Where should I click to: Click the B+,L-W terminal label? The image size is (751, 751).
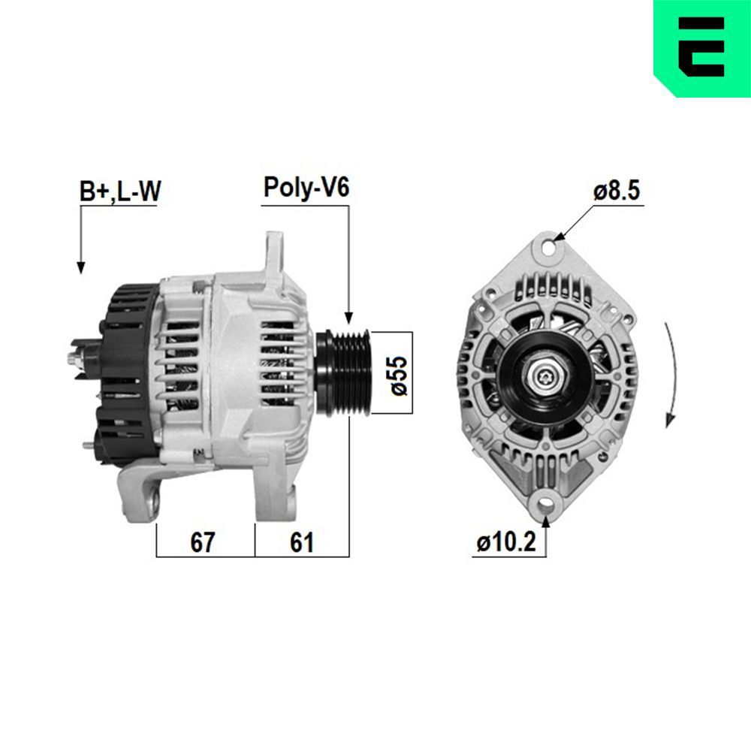tap(120, 192)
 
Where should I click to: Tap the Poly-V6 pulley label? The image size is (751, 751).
tap(306, 188)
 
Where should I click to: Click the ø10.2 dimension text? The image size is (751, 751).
tap(506, 542)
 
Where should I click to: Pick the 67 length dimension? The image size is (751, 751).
tap(202, 542)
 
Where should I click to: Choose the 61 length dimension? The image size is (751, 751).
tap(302, 542)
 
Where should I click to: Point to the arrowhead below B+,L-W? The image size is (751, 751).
tap(80, 266)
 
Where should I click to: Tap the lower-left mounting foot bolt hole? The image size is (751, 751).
tap(152, 501)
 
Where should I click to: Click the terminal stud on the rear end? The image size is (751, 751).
tap(76, 360)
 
